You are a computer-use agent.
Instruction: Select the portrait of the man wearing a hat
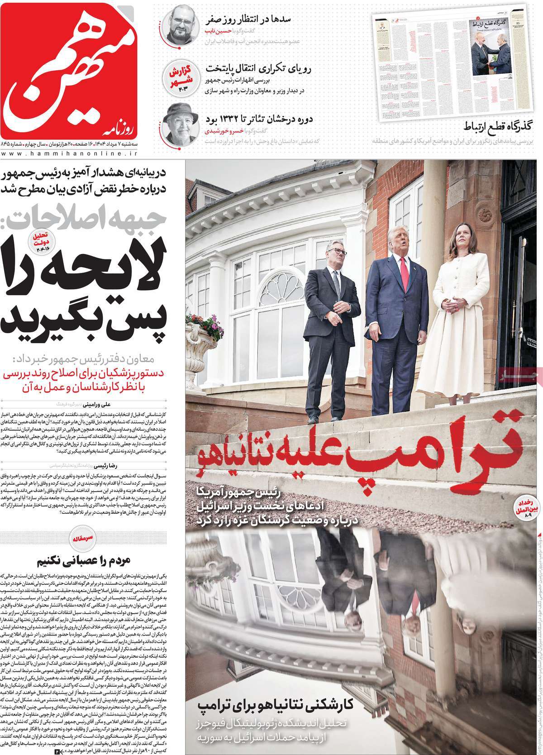pos(179,124)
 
